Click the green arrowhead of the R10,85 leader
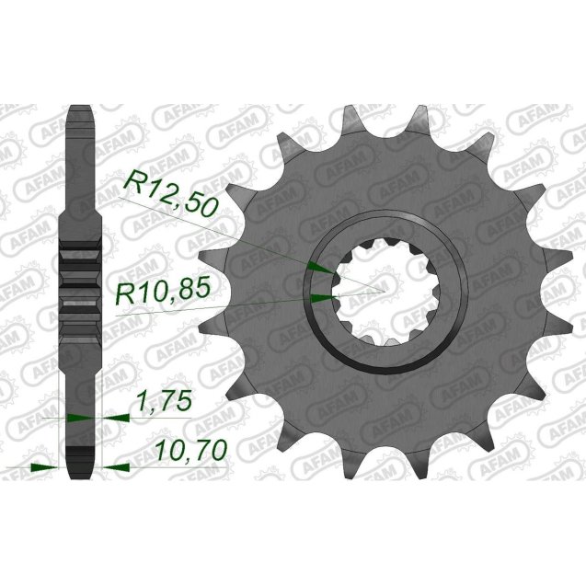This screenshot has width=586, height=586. [321, 297]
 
